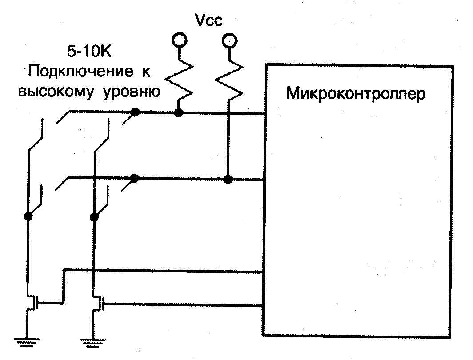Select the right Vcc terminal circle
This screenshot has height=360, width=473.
click(x=228, y=41)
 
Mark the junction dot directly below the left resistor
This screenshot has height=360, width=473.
click(x=179, y=113)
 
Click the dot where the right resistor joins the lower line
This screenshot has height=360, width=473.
click(x=228, y=179)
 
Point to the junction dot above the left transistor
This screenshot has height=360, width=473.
click(x=28, y=216)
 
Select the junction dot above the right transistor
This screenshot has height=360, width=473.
click(x=94, y=217)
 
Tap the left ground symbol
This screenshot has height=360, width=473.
click(x=27, y=341)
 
